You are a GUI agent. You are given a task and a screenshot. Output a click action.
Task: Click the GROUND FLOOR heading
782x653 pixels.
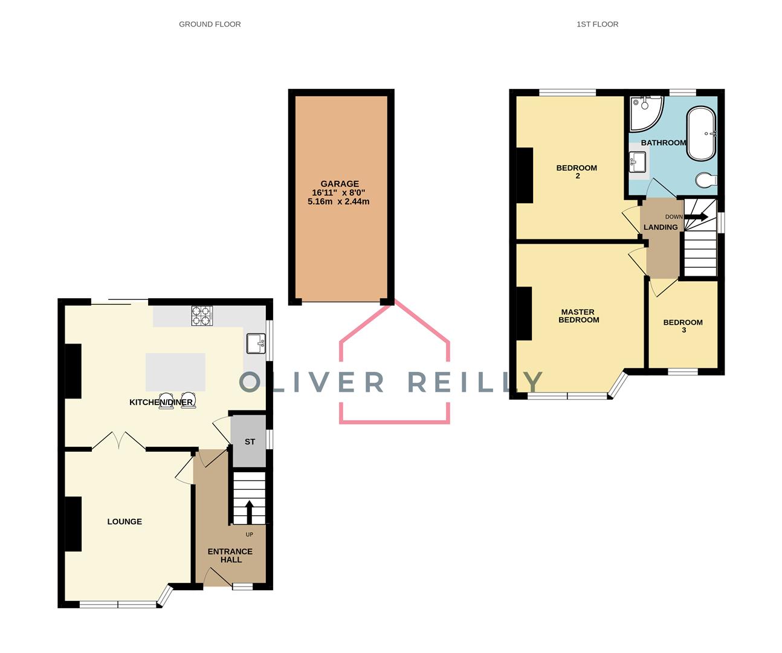pos(210,24)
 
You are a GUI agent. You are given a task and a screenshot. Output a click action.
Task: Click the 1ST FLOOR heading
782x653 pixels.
pos(597,24)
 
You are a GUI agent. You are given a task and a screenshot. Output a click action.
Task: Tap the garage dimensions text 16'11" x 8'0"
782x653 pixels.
pos(338,192)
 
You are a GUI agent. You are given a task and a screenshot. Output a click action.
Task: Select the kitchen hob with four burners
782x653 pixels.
pos(202,316)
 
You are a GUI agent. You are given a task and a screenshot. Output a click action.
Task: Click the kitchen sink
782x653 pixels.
pos(256,343)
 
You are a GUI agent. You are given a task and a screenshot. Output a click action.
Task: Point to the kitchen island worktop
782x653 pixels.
pos(175,372)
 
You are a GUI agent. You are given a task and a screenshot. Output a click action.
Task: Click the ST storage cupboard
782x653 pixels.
pos(249,441)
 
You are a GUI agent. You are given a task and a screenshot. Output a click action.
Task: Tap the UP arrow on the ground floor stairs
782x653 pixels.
pos(249,512)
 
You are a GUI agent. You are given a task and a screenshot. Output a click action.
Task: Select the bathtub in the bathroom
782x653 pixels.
pos(701,134)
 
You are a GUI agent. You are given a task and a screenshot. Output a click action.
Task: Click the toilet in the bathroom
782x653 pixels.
pos(706,180)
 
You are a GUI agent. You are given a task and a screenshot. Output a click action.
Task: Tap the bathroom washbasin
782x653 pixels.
pos(638,162)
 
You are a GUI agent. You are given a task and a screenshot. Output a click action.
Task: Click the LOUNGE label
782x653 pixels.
pos(124,521)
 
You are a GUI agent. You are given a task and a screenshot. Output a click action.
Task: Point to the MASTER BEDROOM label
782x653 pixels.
pos(578,316)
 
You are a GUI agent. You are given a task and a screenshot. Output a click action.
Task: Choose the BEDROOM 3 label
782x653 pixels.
pos(683,326)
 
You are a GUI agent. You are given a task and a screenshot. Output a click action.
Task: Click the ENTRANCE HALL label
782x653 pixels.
pos(230,555)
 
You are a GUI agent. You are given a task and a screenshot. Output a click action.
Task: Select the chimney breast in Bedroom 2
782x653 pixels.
pos(525,175)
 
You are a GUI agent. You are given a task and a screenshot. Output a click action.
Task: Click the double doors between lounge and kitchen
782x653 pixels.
pos(118,441)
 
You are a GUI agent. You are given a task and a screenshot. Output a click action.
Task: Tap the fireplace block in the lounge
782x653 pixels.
pos(73,524)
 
